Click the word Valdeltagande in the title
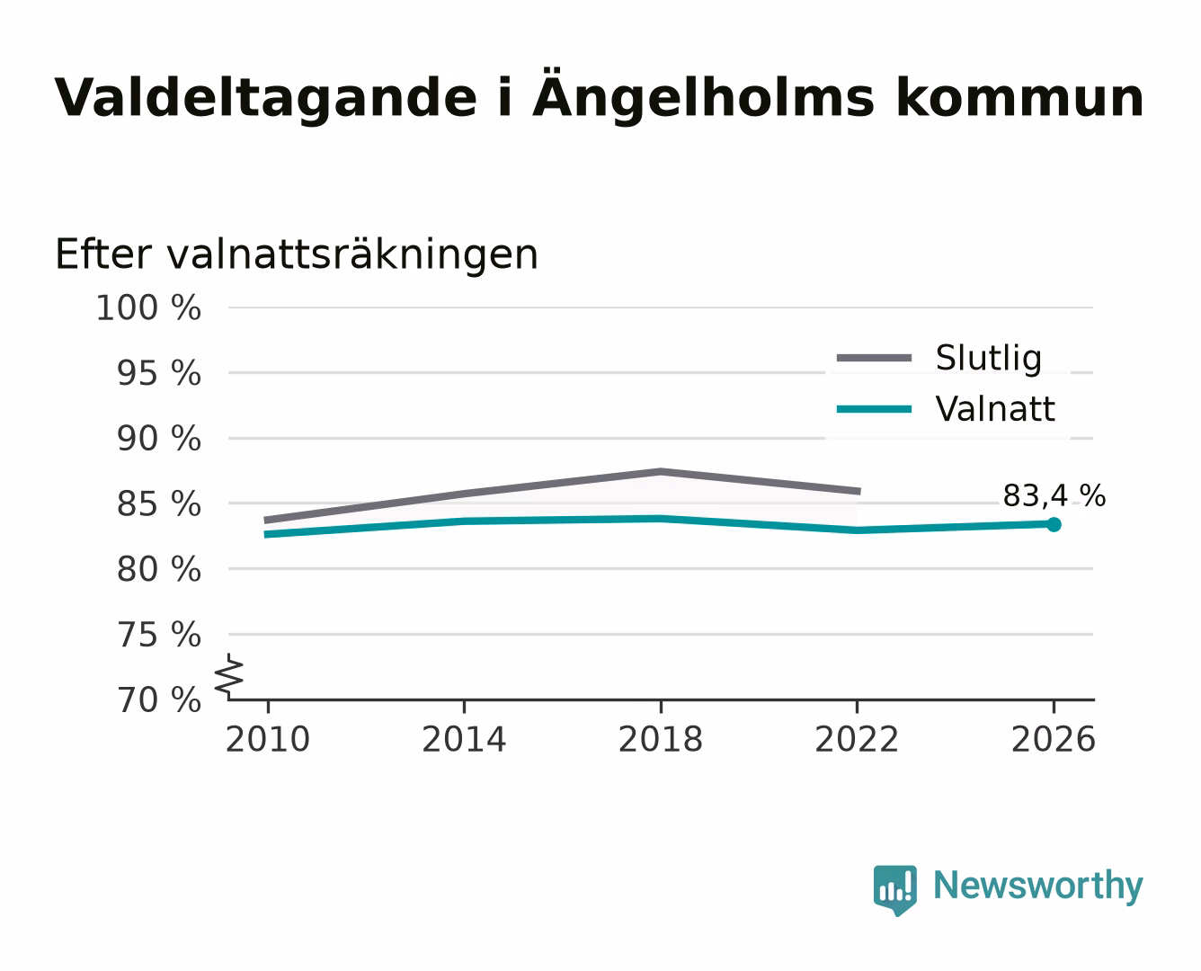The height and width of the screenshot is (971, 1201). click(265, 99)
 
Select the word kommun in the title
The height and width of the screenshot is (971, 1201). click(1019, 97)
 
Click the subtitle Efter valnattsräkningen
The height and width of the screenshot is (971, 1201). click(297, 254)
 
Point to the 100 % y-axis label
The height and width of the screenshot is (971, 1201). click(148, 308)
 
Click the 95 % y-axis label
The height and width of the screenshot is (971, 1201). click(158, 373)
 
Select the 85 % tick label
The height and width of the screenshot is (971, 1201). click(158, 503)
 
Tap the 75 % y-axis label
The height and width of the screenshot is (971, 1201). click(158, 635)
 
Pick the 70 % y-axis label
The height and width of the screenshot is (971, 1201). click(158, 700)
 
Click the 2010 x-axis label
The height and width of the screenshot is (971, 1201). click(268, 739)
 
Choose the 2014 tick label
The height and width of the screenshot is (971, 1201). click(464, 739)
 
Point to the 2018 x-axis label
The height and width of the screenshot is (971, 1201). click(660, 739)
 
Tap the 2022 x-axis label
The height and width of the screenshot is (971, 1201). click(857, 739)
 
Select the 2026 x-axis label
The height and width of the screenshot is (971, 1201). click(1053, 739)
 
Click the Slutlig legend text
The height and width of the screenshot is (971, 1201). click(989, 359)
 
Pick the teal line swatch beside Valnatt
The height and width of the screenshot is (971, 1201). click(874, 409)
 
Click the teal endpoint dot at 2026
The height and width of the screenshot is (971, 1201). click(1054, 524)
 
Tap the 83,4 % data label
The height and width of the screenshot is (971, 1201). click(1054, 496)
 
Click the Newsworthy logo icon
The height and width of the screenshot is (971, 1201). click(894, 890)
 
